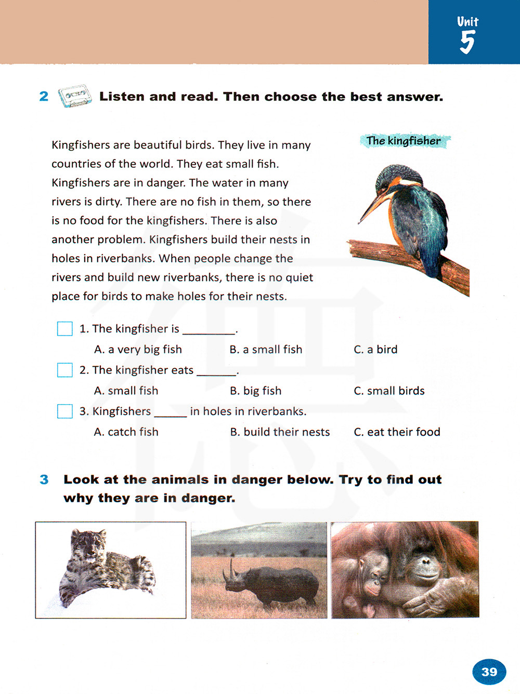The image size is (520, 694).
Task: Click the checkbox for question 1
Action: click(65, 329)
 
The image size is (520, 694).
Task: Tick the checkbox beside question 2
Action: click(65, 370)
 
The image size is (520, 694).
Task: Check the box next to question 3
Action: click(65, 411)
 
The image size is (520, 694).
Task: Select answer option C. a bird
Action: click(375, 350)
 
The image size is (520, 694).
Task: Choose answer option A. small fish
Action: click(126, 391)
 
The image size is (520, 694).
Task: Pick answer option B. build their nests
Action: click(280, 432)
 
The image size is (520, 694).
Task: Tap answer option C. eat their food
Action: click(397, 432)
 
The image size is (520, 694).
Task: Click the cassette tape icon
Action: click(74, 96)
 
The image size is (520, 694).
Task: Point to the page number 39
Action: click(489, 672)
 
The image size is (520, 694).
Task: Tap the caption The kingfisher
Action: click(404, 141)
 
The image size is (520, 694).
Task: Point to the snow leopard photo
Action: click(110, 570)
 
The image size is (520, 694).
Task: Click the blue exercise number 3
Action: click(44, 479)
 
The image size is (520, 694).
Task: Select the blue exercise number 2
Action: click(44, 96)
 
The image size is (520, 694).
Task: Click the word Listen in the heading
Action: click(122, 97)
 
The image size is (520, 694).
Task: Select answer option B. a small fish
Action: click(266, 350)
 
